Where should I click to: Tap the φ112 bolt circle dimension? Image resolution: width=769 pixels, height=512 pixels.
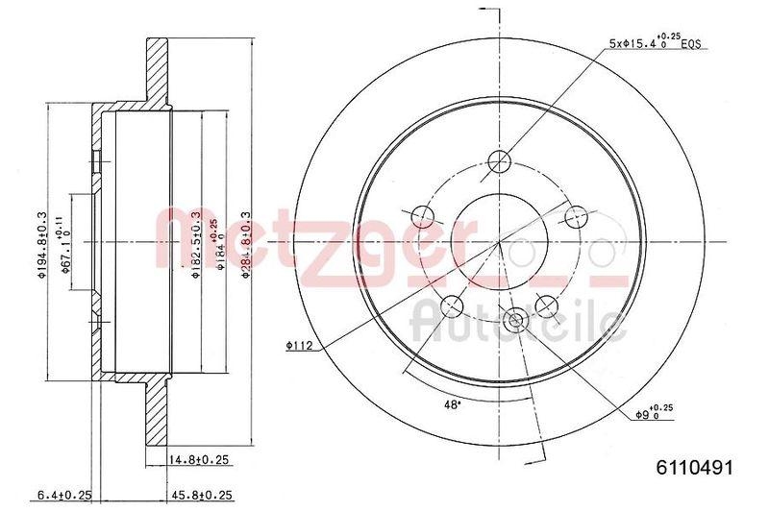pyautogui.click(x=301, y=345)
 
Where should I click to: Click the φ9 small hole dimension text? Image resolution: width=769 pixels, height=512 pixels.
pyautogui.click(x=659, y=414)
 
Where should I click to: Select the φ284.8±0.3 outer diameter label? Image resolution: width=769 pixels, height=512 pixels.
pyautogui.click(x=247, y=245)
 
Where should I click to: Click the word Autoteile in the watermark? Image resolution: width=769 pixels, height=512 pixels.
pyautogui.click(x=519, y=322)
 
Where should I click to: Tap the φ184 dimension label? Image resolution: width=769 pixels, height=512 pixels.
pyautogui.click(x=222, y=245)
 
